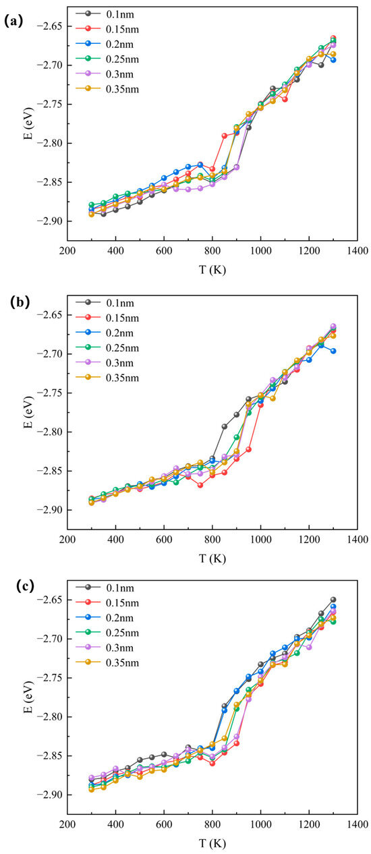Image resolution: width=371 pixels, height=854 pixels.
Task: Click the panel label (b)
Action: pos(20,302)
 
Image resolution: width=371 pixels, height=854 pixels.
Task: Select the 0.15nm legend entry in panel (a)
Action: pos(107,29)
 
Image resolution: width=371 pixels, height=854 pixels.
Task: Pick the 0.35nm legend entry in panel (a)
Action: pos(107,89)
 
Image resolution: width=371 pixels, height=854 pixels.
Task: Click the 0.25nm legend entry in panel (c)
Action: pos(107,633)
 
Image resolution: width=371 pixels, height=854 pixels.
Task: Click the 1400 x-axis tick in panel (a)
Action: pos(358,251)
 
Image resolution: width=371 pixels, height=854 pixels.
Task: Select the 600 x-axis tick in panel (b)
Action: pos(164,540)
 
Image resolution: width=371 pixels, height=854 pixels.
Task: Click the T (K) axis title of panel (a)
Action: pos(212,270)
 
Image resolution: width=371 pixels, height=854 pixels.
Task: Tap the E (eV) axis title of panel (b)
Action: pos(28,412)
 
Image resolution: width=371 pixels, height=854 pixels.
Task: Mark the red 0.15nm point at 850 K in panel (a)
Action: pos(225,136)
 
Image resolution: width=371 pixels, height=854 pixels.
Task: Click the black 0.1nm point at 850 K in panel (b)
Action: pos(225,426)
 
